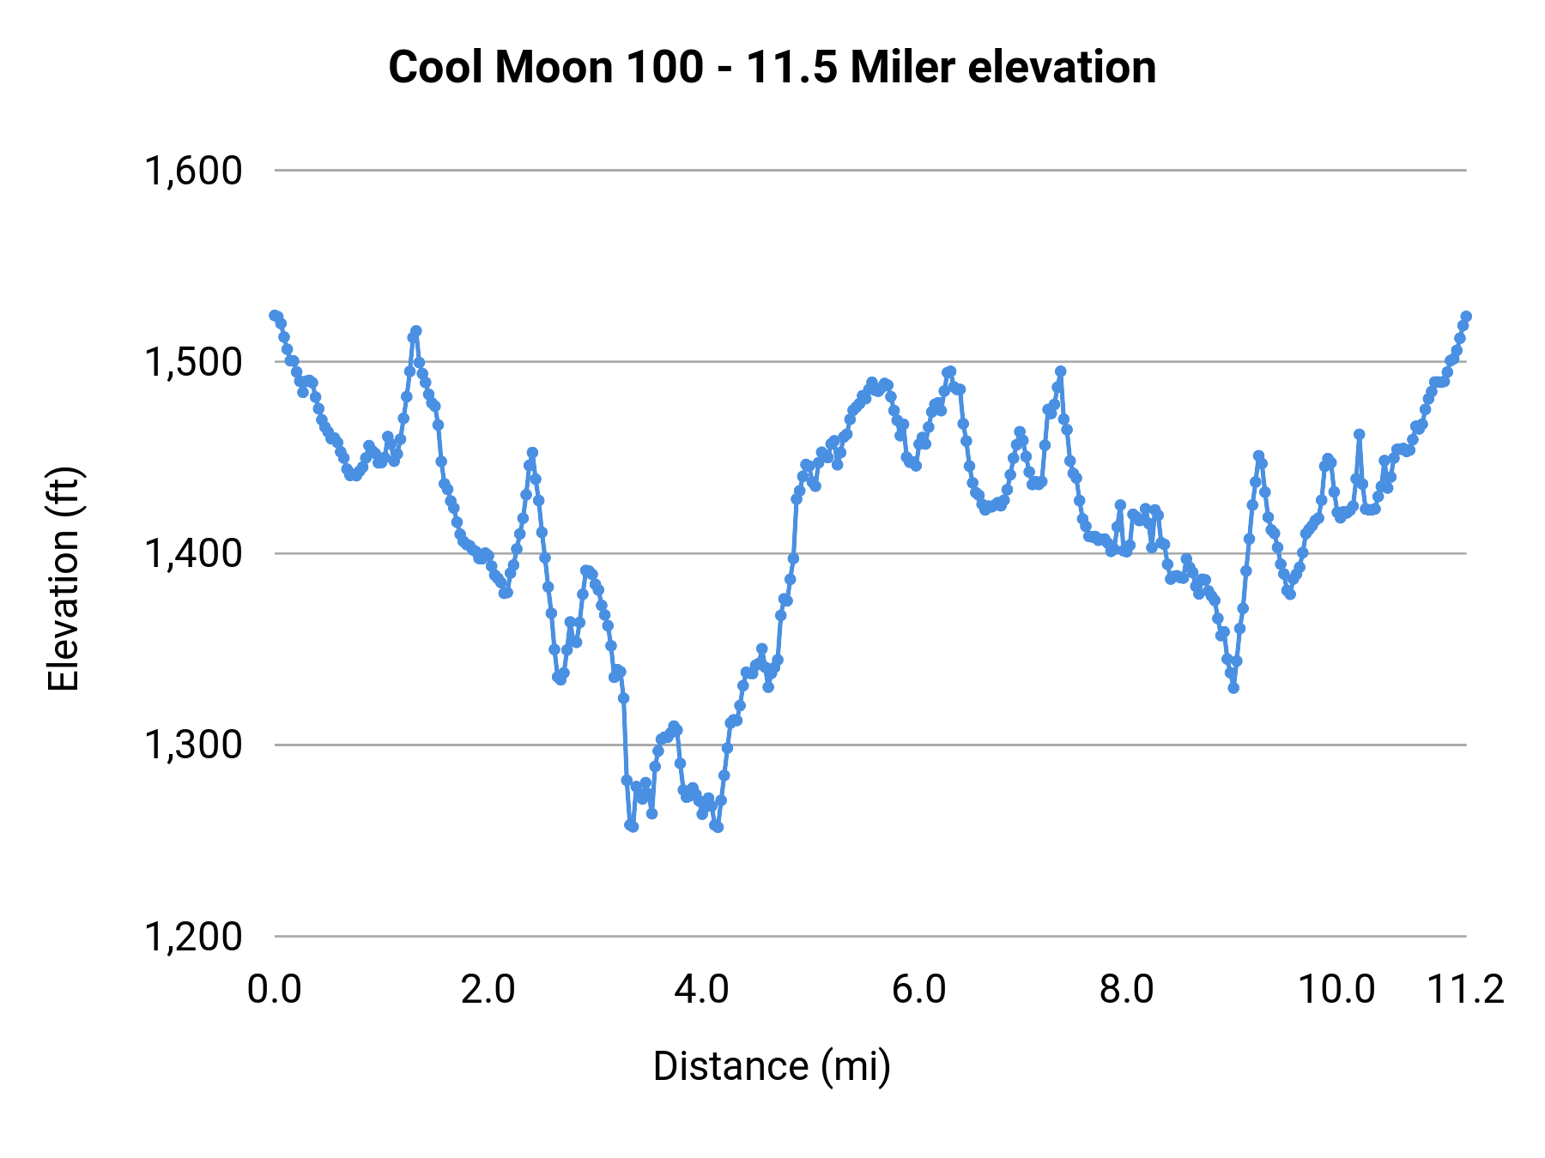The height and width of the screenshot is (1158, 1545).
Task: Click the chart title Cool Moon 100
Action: tap(772, 68)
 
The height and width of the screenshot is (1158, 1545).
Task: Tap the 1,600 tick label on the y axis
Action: tap(193, 171)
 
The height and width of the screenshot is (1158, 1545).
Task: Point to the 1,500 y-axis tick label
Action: tap(193, 362)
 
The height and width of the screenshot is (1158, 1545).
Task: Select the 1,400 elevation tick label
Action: tap(193, 554)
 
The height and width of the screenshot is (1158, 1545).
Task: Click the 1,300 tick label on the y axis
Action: tap(193, 745)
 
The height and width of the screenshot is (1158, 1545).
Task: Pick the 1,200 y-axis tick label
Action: tap(193, 937)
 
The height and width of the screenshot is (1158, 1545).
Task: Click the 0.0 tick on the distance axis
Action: tap(275, 990)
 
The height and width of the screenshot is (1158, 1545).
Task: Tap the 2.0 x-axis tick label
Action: tap(488, 990)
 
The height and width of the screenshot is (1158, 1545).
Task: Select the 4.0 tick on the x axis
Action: tap(701, 990)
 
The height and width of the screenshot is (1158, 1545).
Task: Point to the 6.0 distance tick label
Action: tap(918, 990)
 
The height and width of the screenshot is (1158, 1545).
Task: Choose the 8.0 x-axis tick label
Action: tap(1126, 990)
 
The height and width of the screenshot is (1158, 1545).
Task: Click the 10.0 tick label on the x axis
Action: tap(1336, 990)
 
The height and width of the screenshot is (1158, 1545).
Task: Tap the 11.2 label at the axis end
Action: tap(1465, 990)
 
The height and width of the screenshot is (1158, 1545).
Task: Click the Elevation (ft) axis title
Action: tap(64, 579)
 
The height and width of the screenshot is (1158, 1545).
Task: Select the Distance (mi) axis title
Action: tap(772, 1066)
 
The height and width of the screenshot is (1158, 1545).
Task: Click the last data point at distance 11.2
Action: tap(1466, 317)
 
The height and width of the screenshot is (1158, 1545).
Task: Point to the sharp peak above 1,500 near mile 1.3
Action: tap(416, 331)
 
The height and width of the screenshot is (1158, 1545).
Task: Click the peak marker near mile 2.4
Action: tap(532, 452)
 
